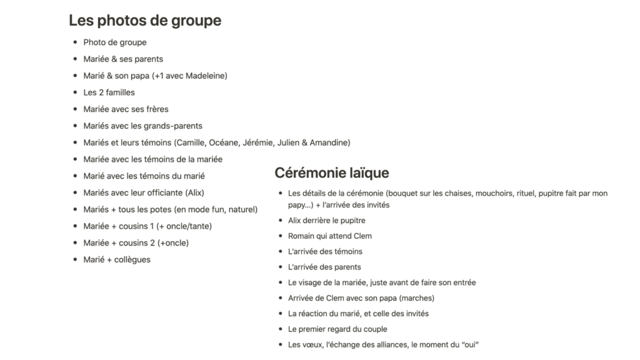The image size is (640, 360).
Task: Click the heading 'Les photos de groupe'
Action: [144, 21]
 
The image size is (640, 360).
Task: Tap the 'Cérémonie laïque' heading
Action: [332, 173]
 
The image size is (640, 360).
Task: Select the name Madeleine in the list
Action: [204, 76]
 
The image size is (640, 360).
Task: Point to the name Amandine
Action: [329, 142]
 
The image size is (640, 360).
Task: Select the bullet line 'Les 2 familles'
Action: [109, 92]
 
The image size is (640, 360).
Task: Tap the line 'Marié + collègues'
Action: [117, 259]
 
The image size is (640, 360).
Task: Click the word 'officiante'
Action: [165, 192]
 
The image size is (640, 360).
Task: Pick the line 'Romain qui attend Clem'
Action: [329, 236]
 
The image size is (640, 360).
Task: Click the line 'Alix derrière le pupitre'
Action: [326, 221]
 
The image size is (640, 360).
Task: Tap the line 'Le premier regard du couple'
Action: [337, 329]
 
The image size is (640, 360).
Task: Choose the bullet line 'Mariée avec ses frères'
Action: [126, 109]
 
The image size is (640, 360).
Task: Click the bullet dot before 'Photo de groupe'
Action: [75, 42]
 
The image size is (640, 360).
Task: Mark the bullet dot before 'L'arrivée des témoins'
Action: [279, 252]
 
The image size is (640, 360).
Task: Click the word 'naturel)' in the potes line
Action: [241, 209]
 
